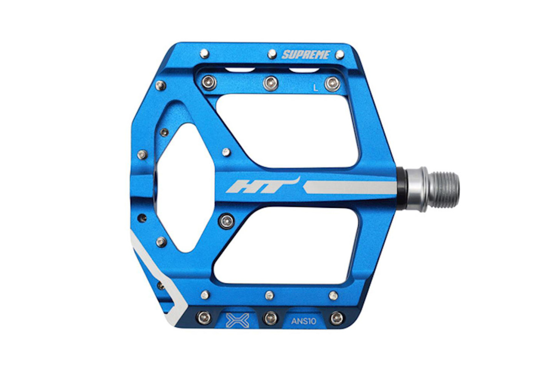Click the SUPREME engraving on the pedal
tap(306, 55)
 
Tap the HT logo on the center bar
tap(263, 185)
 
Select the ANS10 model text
tap(304, 321)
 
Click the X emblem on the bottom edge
tap(237, 320)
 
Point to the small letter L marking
tap(315, 88)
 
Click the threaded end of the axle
tap(445, 189)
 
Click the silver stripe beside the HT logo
tap(349, 187)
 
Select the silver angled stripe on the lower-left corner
tap(157, 280)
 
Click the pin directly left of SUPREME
tap(272, 54)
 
